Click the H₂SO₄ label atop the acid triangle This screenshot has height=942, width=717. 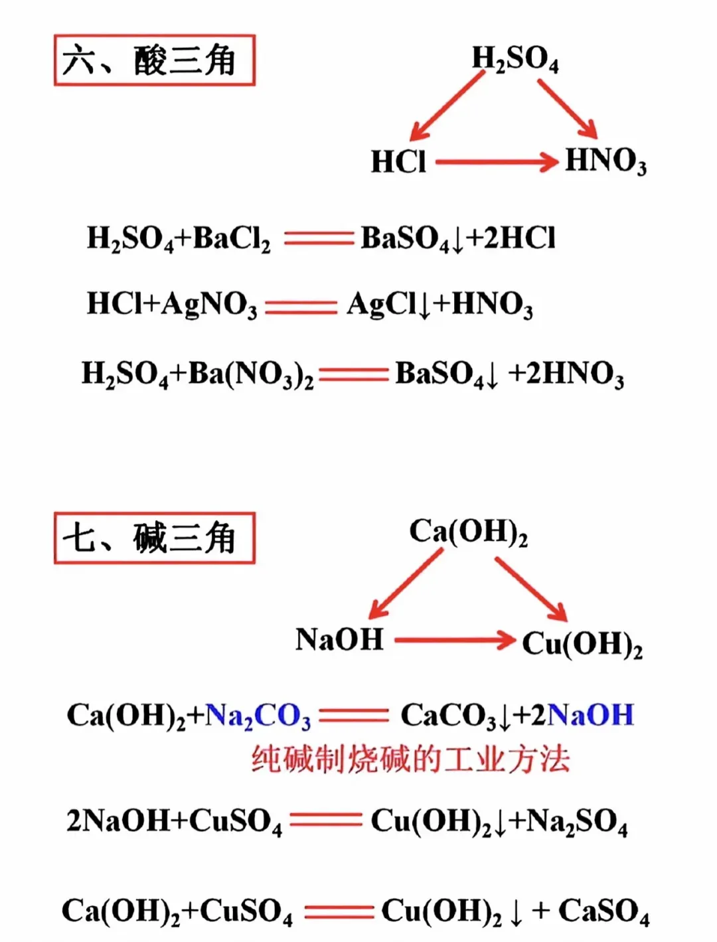tap(515, 58)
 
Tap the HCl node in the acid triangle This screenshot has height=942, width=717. tap(398, 162)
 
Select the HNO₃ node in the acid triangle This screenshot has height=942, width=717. tap(605, 162)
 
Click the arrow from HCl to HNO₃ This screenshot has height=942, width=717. tap(496, 161)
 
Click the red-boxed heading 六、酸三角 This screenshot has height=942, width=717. tap(154, 60)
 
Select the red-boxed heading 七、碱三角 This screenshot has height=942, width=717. tap(154, 538)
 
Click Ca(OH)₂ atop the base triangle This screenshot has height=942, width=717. tap(468, 532)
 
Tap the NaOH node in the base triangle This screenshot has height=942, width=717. tap(339, 640)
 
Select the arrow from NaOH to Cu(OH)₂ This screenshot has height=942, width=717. tap(455, 641)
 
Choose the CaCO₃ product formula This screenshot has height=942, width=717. tap(449, 716)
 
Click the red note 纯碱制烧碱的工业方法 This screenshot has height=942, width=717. tap(410, 759)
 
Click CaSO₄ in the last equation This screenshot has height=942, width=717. tap(603, 912)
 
